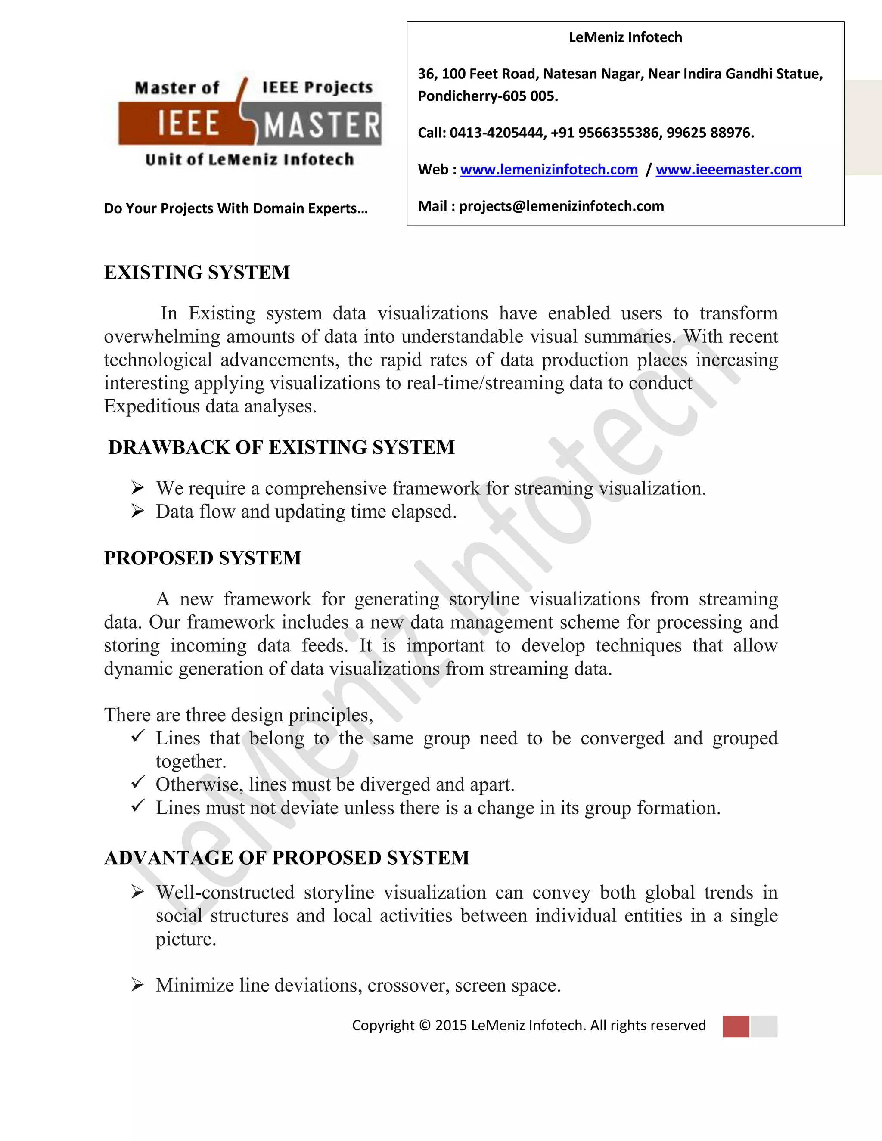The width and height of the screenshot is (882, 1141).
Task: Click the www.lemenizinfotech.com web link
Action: coord(549,170)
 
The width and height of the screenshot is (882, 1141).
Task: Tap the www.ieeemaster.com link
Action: coord(728,170)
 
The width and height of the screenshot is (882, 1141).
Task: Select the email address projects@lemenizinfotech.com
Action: coord(561,206)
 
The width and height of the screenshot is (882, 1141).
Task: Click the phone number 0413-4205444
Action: coord(497,133)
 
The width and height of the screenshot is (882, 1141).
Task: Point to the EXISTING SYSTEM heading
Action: coord(197,273)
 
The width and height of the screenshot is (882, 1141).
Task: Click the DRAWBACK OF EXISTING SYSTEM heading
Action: coord(281,448)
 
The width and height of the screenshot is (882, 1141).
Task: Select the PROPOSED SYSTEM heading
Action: coord(203,558)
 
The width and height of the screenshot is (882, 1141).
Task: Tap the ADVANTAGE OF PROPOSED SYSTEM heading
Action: coord(287,858)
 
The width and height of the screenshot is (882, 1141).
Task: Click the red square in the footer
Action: coord(736,1026)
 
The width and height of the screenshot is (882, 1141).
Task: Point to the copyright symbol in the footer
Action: coord(425,1026)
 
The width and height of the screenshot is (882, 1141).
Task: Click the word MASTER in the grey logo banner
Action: coord(321,126)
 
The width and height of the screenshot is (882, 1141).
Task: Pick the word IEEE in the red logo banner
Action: coord(188,124)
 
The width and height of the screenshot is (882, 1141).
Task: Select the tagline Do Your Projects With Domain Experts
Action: coord(236,208)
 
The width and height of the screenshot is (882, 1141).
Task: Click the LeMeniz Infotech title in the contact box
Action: coord(625,37)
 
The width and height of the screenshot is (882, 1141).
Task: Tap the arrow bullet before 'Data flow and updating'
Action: coord(137,511)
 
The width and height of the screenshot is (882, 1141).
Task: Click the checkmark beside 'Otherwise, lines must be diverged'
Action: coord(137,783)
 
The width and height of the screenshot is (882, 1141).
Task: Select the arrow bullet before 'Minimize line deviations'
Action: coord(137,985)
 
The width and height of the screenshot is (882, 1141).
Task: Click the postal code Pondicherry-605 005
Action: coord(488,96)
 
